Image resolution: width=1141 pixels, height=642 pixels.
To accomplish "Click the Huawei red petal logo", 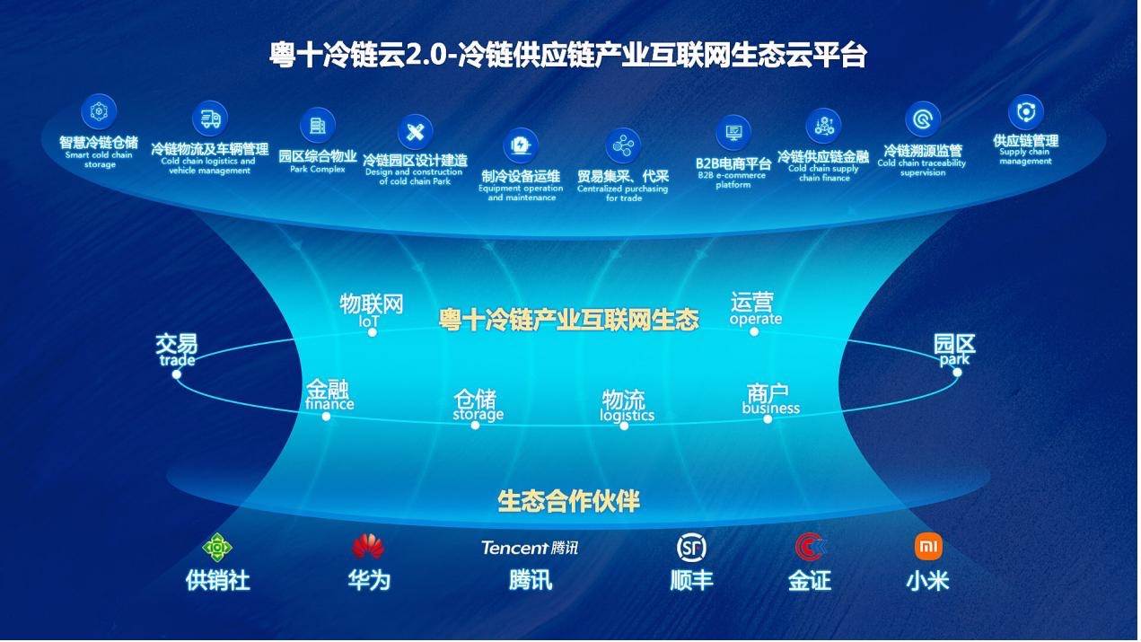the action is coord(368,547).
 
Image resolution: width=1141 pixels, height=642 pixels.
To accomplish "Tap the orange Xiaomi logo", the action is coord(928,547).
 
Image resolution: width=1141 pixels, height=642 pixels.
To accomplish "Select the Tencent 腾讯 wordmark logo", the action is coord(530,549).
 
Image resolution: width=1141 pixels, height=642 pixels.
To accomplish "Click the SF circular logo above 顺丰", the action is coord(691,548).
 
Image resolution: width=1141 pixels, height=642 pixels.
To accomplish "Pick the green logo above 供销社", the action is coord(217,548).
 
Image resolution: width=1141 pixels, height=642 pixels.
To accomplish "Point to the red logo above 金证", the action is coord(811,547).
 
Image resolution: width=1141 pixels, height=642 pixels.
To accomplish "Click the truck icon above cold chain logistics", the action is coord(210,119).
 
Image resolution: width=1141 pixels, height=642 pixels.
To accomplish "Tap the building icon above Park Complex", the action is coord(317,125).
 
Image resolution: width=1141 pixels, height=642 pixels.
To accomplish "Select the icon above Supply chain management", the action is coord(1026,111).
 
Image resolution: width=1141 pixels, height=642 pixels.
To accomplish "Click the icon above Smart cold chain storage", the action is coord(99,111).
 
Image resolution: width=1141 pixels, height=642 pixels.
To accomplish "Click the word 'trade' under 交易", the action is coord(177,360).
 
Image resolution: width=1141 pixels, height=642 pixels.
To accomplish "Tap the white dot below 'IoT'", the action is coord(373,333).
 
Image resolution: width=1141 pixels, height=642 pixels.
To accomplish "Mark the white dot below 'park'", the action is coord(957,373).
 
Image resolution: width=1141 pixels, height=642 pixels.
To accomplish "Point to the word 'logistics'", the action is coord(627,416).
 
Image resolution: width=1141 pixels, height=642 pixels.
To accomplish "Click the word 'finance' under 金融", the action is coord(329,404).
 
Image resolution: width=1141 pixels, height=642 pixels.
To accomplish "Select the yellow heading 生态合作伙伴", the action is coord(568,501).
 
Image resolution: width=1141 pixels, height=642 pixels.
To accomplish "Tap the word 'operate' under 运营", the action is coord(755,319).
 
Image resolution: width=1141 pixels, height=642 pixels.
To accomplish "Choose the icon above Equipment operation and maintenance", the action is coord(520,145).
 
